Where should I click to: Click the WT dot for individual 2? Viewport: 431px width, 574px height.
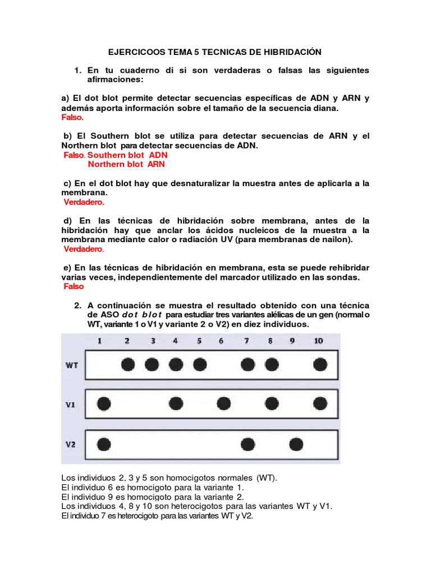(x=128, y=364)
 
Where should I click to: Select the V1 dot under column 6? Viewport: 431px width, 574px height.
(x=223, y=403)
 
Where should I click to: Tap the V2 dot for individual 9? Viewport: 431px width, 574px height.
(x=296, y=445)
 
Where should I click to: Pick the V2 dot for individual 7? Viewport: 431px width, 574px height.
(x=247, y=445)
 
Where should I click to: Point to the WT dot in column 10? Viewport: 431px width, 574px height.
(x=320, y=364)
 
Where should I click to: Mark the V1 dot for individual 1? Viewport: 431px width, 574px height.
(x=103, y=403)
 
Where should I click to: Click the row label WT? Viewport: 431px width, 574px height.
(x=71, y=365)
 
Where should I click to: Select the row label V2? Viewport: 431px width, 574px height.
(x=71, y=445)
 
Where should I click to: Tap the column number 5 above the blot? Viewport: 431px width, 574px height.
(x=199, y=341)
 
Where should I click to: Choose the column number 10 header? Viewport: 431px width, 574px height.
(x=319, y=341)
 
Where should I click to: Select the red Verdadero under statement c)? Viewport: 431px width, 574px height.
(x=84, y=202)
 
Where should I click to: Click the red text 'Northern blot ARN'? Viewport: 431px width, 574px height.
(x=126, y=164)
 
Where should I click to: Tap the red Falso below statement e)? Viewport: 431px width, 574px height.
(x=74, y=286)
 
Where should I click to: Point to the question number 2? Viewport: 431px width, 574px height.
(x=78, y=305)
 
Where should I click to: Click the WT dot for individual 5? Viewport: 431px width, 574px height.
(x=199, y=364)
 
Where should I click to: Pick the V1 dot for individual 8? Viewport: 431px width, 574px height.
(x=272, y=403)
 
